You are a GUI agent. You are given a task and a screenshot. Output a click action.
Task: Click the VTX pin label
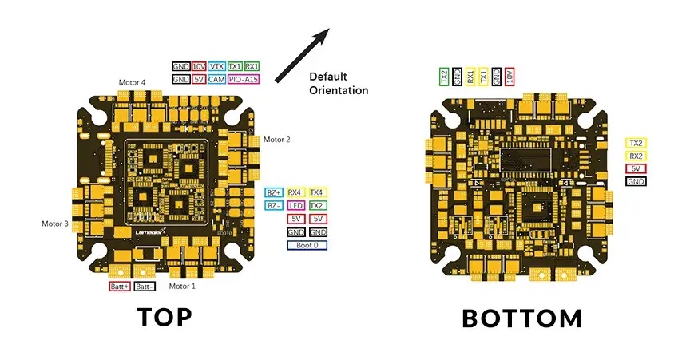pos(216,67)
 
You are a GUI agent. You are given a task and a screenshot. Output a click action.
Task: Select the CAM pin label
pos(216,80)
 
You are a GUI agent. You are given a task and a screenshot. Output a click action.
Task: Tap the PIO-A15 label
pos(244,80)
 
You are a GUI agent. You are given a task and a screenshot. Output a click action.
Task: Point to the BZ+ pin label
pos(274,192)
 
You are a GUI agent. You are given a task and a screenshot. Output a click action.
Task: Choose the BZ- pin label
pos(274,205)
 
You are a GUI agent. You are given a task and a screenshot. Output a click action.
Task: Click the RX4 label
pos(295,192)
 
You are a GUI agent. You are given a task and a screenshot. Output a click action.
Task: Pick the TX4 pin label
pos(317,192)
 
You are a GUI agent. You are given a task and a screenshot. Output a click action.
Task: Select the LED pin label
pos(295,205)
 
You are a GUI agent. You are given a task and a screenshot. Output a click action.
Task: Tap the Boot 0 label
pos(307,245)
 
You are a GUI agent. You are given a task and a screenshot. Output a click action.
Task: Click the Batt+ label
pos(119,286)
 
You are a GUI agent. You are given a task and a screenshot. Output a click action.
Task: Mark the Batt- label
pos(145,286)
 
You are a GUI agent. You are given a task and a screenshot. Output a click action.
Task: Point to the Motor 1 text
pos(182,286)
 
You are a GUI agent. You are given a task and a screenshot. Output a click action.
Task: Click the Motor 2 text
pos(277,140)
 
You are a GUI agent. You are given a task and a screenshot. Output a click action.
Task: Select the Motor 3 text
pos(55,224)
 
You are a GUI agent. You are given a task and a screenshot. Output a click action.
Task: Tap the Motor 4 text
pos(133,82)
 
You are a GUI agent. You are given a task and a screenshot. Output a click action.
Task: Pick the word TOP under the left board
pos(165,317)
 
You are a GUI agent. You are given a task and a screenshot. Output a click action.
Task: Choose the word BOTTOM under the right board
pos(522,319)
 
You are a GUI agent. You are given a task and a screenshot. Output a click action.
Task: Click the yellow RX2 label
pos(636,156)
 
